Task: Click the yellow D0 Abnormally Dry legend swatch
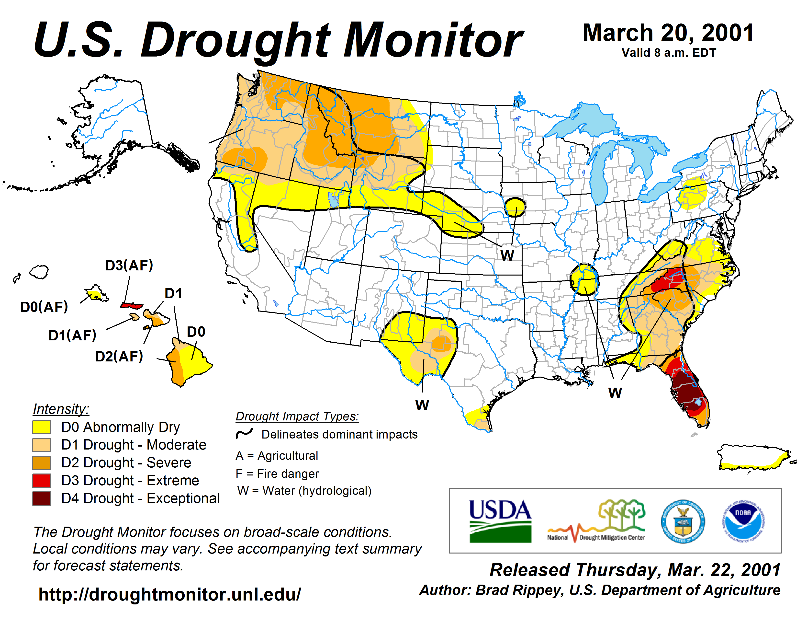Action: pyautogui.click(x=42, y=427)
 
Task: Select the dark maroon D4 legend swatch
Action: pyautogui.click(x=42, y=498)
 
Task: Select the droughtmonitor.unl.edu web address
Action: pyautogui.click(x=170, y=594)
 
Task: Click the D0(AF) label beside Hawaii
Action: pyautogui.click(x=44, y=307)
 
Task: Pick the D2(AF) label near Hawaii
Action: pyautogui.click(x=119, y=356)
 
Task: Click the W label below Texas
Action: pyautogui.click(x=422, y=405)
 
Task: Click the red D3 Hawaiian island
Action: pyautogui.click(x=132, y=305)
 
